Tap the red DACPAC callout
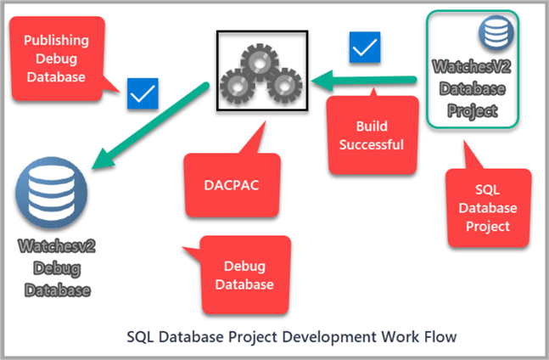pyautogui.click(x=231, y=182)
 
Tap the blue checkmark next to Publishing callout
pyautogui.click(x=142, y=94)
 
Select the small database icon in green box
pyautogui.click(x=490, y=34)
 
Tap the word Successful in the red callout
pyautogui.click(x=372, y=143)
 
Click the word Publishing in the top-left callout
pyautogui.click(x=57, y=41)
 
